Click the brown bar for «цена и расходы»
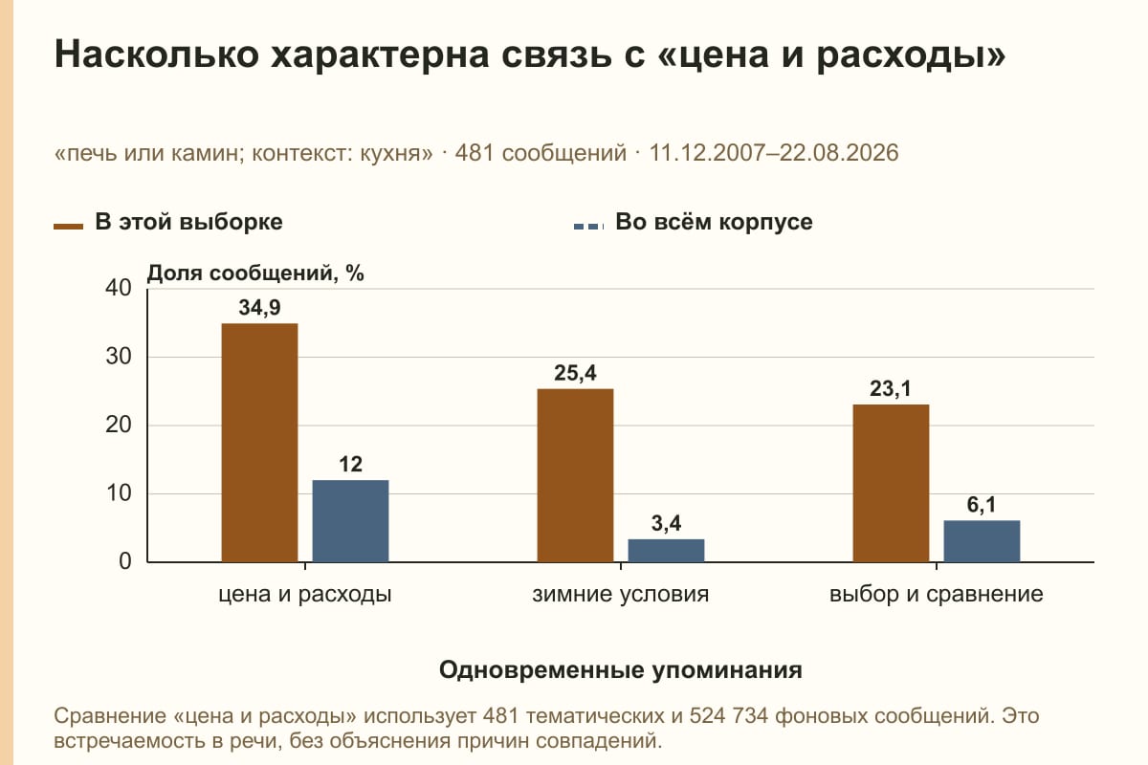click(259, 443)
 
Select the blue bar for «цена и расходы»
click(350, 521)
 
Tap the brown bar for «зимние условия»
click(575, 475)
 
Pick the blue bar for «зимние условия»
click(666, 550)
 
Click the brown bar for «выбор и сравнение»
click(891, 483)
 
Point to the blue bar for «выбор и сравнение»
click(982, 541)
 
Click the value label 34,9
click(260, 308)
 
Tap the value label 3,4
click(666, 523)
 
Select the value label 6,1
click(982, 505)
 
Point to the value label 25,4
click(575, 373)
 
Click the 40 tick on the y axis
click(119, 288)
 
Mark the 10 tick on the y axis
click(119, 493)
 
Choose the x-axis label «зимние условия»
click(621, 595)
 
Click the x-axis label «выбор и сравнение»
click(937, 595)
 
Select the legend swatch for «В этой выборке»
click(68, 227)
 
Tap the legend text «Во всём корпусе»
click(714, 223)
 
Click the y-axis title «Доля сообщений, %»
click(255, 273)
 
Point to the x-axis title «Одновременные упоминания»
click(621, 670)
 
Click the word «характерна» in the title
click(380, 55)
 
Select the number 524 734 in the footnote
click(728, 716)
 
